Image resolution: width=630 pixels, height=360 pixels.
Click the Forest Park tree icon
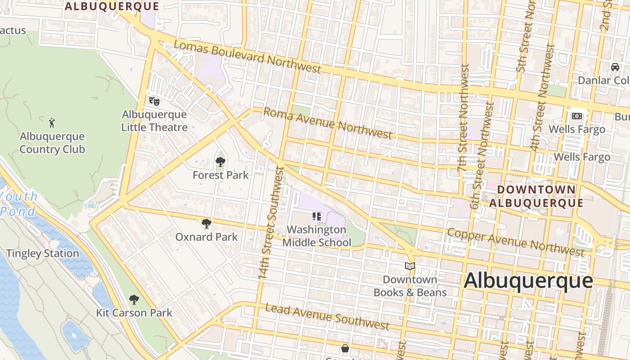pos(220,162)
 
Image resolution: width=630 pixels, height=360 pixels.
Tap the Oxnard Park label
pos(207,237)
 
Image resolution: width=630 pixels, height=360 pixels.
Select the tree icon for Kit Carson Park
pos(134,299)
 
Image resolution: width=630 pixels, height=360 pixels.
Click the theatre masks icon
pos(154,101)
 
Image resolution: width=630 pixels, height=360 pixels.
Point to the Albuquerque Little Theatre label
pos(154,121)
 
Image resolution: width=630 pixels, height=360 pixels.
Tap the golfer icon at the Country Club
pos(52,122)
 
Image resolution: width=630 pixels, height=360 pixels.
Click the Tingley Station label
pos(43,254)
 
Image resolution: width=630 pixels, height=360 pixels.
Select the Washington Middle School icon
pos(317,216)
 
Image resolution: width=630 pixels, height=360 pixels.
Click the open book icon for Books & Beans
pos(409,266)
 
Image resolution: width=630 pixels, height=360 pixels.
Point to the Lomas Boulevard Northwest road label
pos(247,57)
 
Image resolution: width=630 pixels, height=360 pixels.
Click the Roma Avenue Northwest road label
pos(327,122)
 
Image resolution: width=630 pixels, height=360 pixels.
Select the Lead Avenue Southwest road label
pos(327,316)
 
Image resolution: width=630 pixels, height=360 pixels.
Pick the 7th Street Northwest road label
pos(463,118)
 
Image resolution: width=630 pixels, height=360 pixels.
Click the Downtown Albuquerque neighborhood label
pos(536,196)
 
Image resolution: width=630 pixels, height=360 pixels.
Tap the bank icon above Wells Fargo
pos(576,116)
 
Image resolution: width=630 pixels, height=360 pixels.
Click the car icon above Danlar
pos(615,67)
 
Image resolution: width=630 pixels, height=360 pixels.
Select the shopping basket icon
pos(345,348)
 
